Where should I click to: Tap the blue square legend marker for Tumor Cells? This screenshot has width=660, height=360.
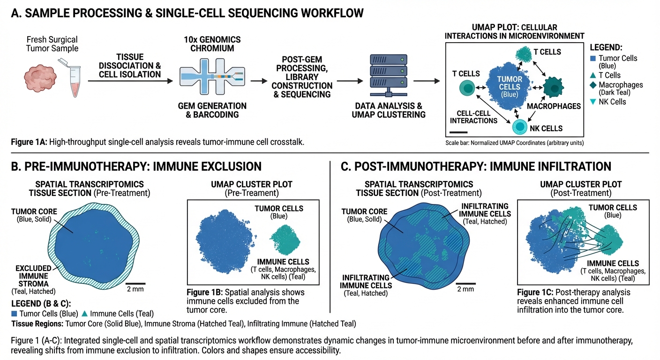(593, 59)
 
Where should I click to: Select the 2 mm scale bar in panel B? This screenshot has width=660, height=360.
(135, 283)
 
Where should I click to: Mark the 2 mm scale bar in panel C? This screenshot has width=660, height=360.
(466, 283)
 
